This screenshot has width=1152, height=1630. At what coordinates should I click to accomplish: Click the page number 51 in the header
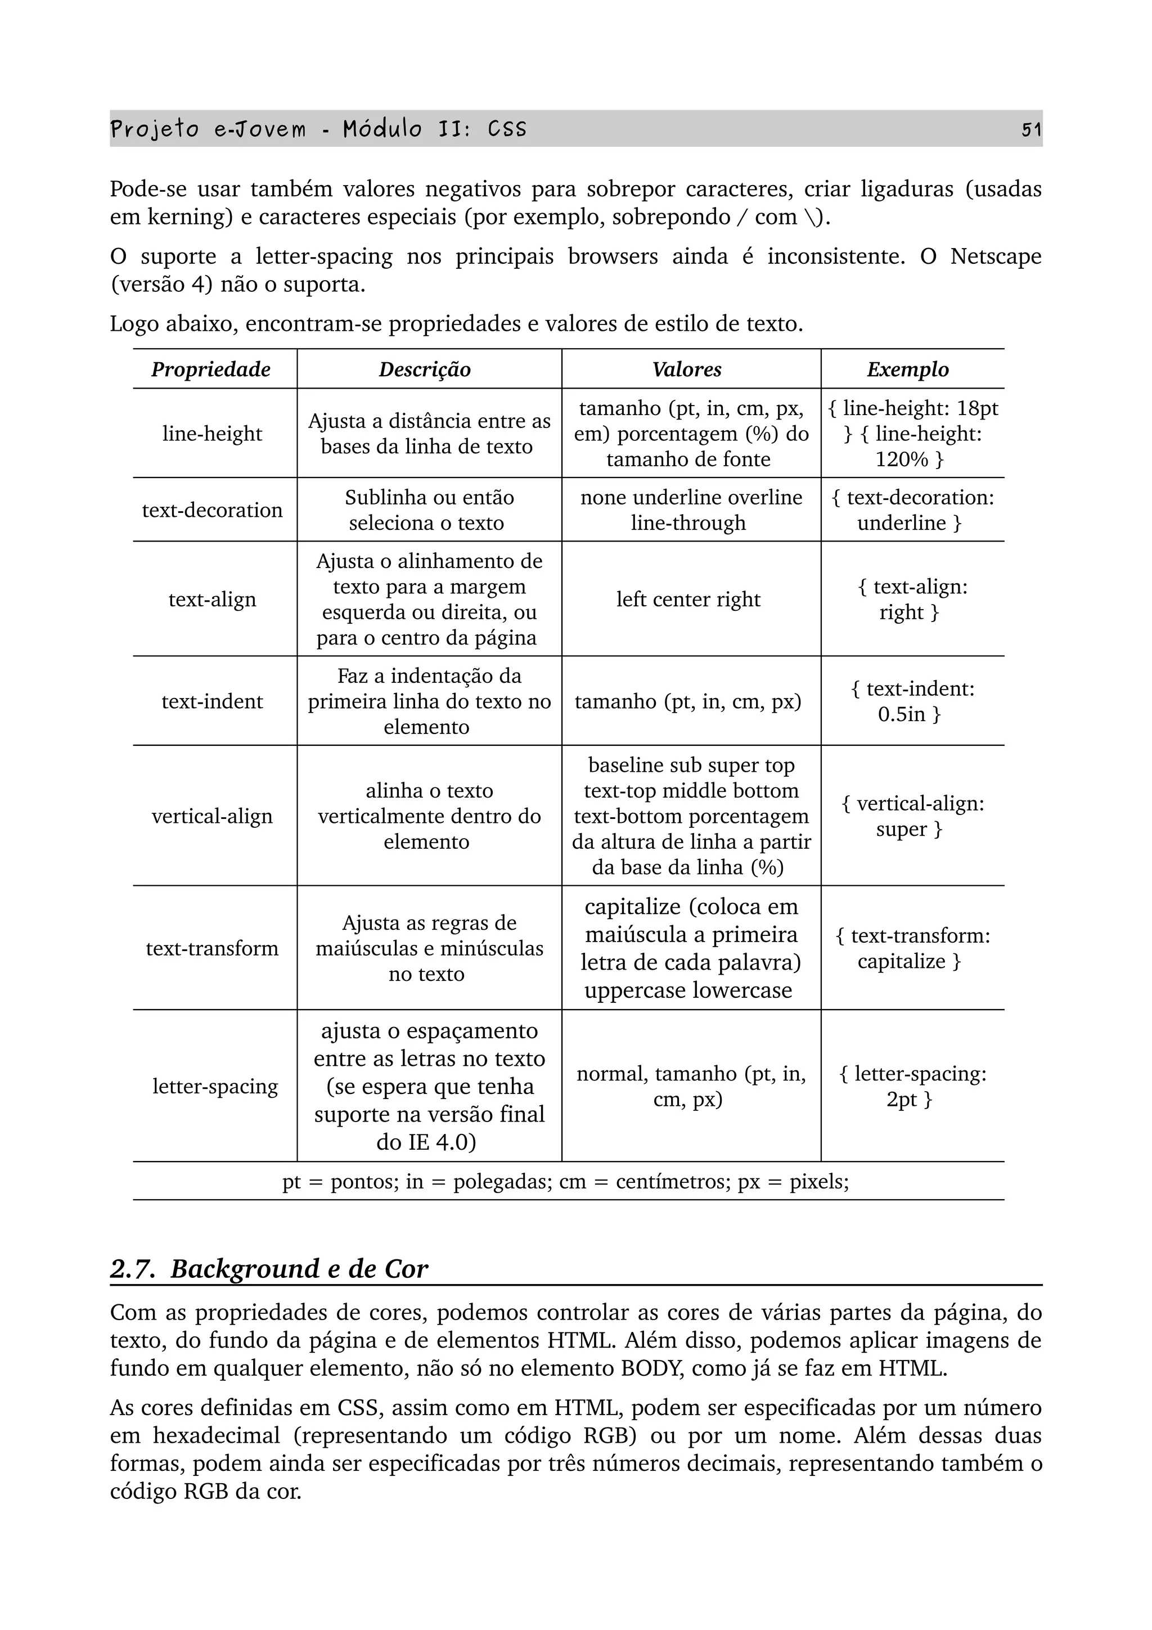[1030, 129]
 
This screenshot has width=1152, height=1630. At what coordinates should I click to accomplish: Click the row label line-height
[211, 433]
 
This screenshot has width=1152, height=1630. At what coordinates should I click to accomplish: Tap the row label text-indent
[211, 701]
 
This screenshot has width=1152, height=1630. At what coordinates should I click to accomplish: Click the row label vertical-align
[211, 817]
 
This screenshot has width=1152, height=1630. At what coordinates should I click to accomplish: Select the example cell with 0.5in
[911, 701]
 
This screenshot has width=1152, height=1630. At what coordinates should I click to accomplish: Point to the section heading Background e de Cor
[298, 1269]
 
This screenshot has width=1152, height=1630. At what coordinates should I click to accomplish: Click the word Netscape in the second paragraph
[995, 256]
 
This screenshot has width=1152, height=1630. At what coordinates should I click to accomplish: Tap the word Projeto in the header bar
[154, 129]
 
